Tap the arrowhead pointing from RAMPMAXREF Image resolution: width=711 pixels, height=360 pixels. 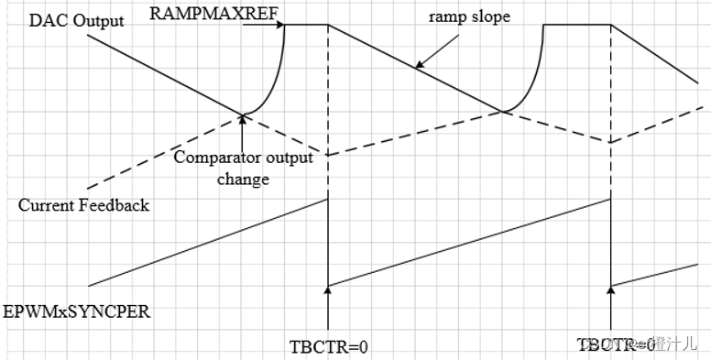(x=278, y=25)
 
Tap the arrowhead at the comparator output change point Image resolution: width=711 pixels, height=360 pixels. (x=243, y=118)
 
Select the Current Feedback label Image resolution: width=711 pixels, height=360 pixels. (x=83, y=205)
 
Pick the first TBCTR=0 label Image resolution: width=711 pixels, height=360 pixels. (x=327, y=345)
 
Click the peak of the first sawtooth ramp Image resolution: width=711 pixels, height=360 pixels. (x=327, y=199)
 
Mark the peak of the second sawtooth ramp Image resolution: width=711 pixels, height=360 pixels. (x=609, y=199)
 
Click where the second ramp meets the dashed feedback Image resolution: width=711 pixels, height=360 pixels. (x=502, y=113)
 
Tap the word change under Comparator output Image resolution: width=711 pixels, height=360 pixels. (x=244, y=179)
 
